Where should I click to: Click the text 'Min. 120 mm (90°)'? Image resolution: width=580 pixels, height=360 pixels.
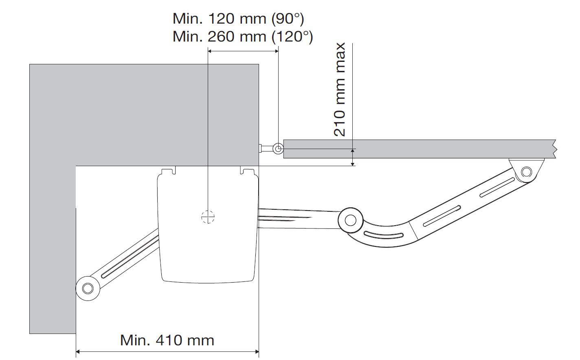point(238,19)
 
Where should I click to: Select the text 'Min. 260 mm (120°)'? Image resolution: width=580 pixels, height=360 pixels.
point(243,37)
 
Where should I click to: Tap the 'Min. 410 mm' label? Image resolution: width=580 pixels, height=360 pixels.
point(167,340)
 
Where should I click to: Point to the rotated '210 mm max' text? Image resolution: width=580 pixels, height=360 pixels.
point(340,90)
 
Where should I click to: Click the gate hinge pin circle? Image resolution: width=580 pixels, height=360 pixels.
point(278,149)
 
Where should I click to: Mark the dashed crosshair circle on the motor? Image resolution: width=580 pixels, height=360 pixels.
point(208,217)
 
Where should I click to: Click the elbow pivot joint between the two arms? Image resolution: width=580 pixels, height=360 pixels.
point(350,220)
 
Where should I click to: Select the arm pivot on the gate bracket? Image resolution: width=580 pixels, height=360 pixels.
point(526,171)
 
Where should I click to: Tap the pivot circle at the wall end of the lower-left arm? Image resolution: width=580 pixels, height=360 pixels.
point(88,288)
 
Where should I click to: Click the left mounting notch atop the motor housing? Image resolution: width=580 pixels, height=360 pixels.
point(169,171)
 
